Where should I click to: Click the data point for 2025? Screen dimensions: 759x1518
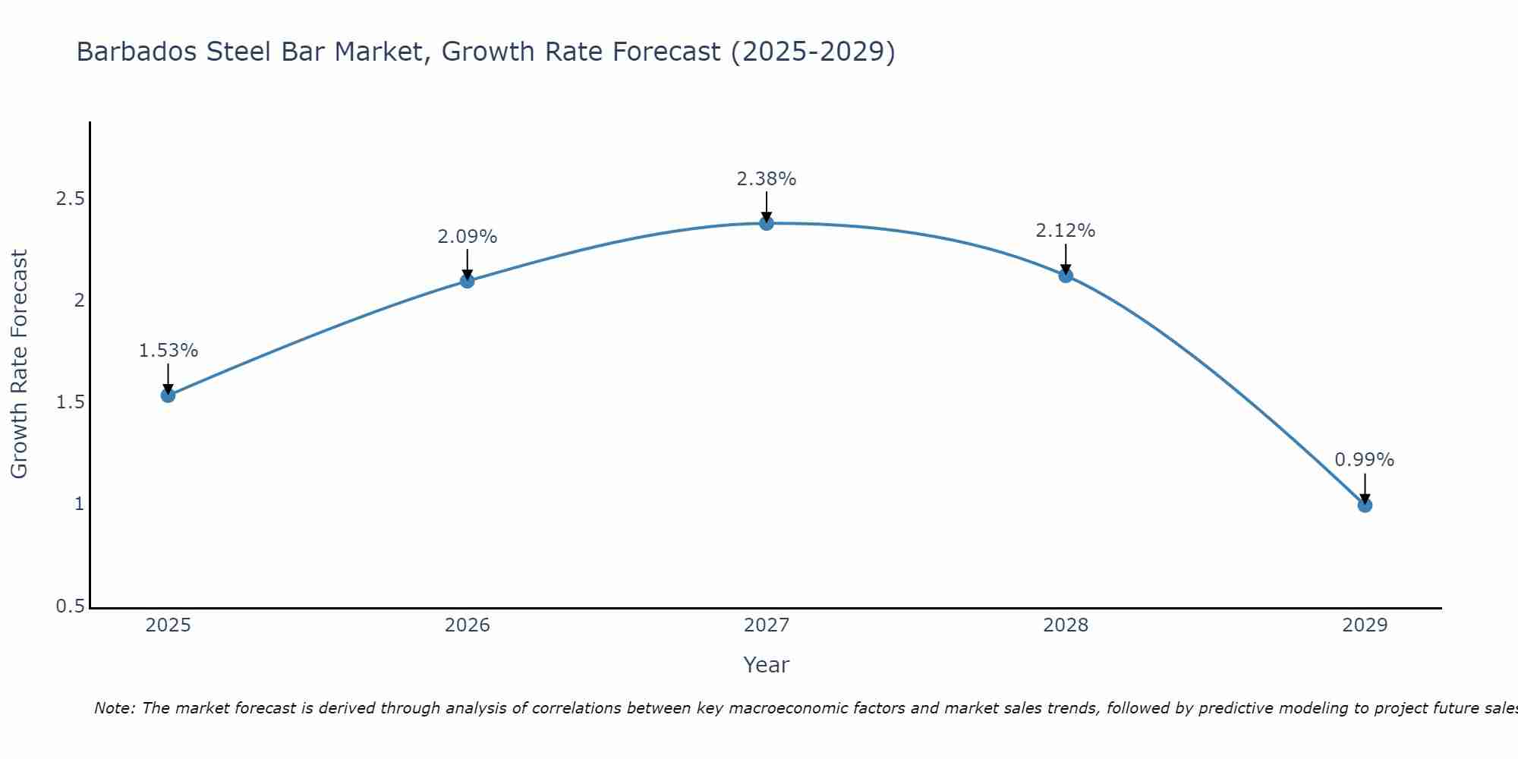pyautogui.click(x=168, y=395)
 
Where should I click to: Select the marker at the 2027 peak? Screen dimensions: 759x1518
pyautogui.click(x=767, y=223)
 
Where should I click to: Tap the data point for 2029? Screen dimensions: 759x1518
pyautogui.click(x=1365, y=505)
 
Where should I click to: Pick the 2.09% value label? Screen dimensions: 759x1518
pyautogui.click(x=468, y=237)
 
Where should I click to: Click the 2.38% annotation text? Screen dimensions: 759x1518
pyautogui.click(x=767, y=179)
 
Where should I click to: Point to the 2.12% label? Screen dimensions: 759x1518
pyautogui.click(x=1066, y=231)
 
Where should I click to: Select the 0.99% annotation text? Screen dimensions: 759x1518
pyautogui.click(x=1365, y=460)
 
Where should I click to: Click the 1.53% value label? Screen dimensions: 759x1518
pyautogui.click(x=168, y=351)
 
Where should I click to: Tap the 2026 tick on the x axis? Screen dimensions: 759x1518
pyautogui.click(x=468, y=625)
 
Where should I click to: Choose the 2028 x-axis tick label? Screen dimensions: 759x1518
pyautogui.click(x=1066, y=625)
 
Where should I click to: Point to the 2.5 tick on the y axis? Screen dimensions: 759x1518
pyautogui.click(x=70, y=200)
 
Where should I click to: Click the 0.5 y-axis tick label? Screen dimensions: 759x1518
pyautogui.click(x=70, y=606)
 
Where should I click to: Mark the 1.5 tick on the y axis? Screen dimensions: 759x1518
pyautogui.click(x=70, y=403)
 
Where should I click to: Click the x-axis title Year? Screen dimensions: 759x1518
pyautogui.click(x=767, y=665)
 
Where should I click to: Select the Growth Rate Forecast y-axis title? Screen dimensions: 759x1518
pyautogui.click(x=19, y=364)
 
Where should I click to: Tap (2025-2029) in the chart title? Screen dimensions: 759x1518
pyautogui.click(x=812, y=52)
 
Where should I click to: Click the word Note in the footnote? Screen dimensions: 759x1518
pyautogui.click(x=114, y=708)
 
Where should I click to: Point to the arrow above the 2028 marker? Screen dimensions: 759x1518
pyautogui.click(x=1066, y=258)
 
